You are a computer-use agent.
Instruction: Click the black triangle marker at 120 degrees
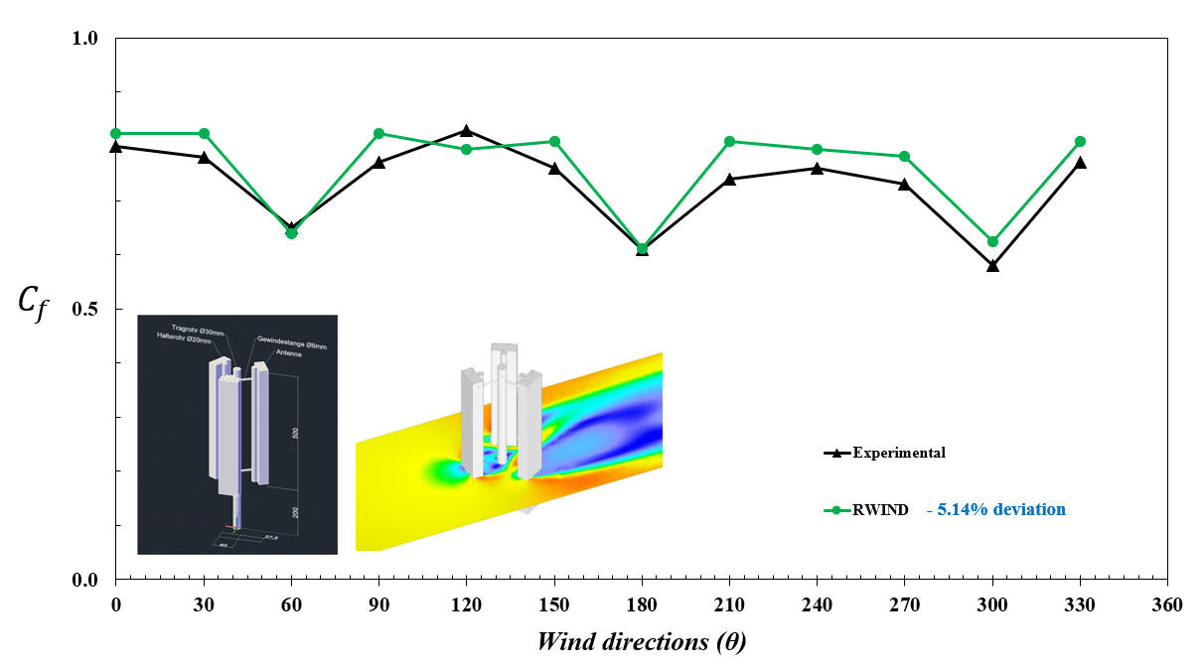coord(466,130)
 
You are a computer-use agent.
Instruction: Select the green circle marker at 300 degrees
coord(992,241)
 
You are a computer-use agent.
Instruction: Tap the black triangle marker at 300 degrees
coord(992,265)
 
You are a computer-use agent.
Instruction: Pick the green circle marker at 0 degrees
coord(116,133)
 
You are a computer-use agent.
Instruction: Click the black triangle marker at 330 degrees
coord(1080,162)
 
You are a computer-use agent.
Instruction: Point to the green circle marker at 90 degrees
coord(378,133)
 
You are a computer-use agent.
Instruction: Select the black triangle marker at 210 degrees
coord(729,179)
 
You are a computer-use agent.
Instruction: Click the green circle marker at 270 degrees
coord(904,156)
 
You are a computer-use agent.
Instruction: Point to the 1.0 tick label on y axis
coord(86,38)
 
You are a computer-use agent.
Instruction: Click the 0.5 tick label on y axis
coord(86,309)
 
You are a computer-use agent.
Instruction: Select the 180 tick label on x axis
coord(642,605)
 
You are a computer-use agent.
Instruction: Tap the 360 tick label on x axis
coord(1167,605)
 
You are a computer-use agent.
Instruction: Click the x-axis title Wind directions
coord(641,641)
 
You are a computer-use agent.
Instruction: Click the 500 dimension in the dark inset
coord(295,434)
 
